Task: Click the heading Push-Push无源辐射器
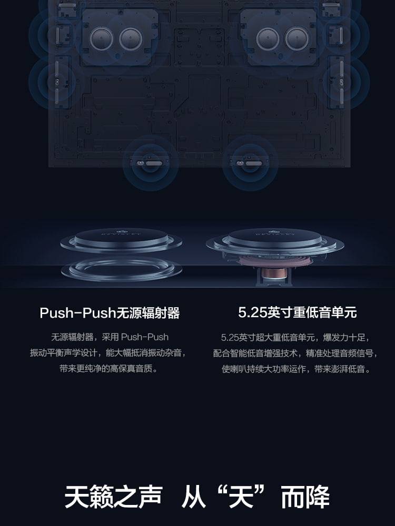tap(110, 313)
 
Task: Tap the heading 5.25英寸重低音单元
tap(297, 312)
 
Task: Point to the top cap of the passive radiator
tap(121, 237)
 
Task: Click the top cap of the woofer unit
tap(275, 237)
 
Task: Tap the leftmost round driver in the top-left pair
tap(102, 39)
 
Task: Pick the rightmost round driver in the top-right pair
tap(297, 39)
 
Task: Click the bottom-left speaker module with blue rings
tap(151, 163)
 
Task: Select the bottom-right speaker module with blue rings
tap(250, 163)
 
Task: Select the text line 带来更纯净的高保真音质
tap(108, 368)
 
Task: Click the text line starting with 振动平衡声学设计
tap(107, 352)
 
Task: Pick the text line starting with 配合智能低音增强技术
tap(295, 353)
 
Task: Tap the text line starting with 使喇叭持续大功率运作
tap(296, 369)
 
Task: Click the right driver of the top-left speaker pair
tap(131, 39)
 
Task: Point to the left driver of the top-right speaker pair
tap(268, 39)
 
